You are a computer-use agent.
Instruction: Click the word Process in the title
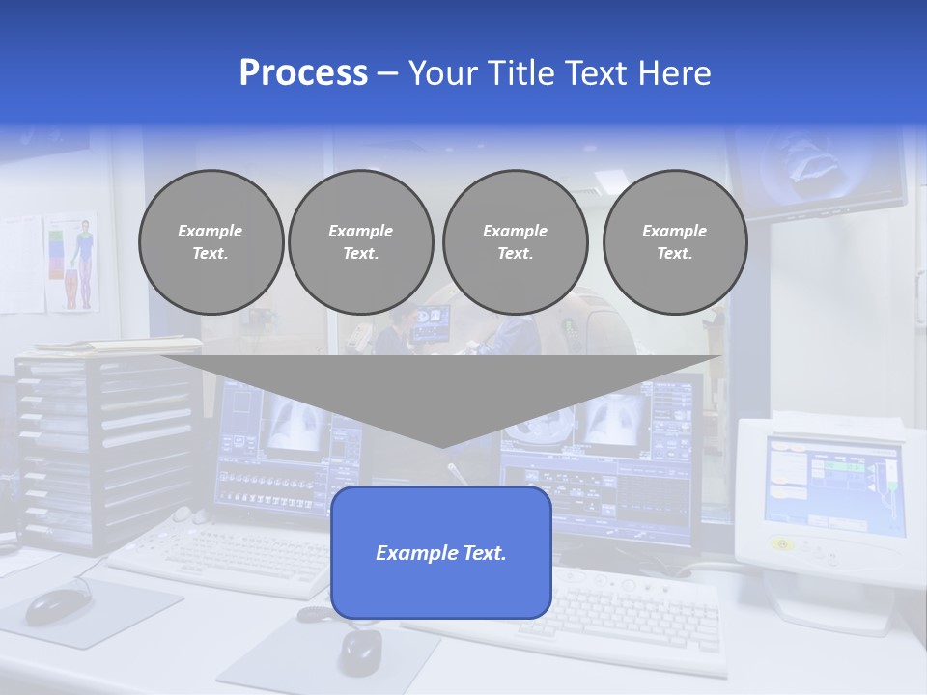(303, 73)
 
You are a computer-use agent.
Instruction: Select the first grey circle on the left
(211, 242)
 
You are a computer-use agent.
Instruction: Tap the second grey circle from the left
(360, 242)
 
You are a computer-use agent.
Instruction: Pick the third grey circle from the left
(515, 242)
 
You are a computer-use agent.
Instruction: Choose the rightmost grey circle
(674, 242)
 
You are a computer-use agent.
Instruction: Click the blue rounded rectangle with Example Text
(440, 553)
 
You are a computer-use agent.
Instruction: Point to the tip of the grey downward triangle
(441, 446)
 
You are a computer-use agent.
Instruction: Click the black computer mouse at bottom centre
(359, 652)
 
